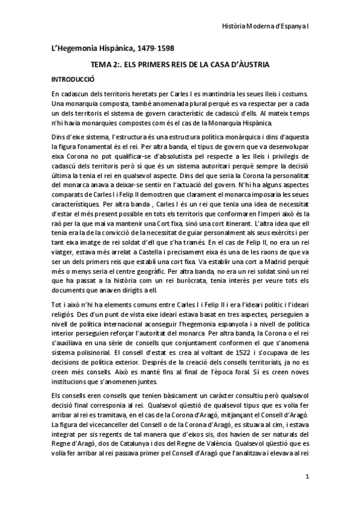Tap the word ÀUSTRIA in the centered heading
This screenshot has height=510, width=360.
coord(251,64)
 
